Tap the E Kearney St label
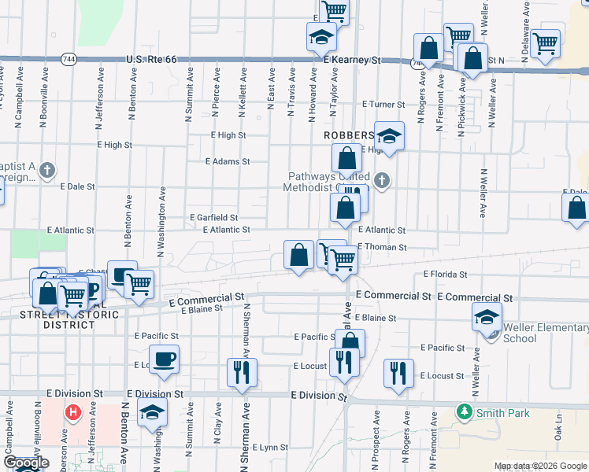(352, 59)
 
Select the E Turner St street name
(383, 104)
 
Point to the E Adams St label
(227, 161)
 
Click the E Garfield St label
(213, 217)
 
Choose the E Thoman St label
(382, 247)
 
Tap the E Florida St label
(445, 275)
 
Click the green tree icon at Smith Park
(465, 411)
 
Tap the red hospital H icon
(73, 411)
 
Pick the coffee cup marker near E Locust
(164, 360)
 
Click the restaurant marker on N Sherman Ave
(242, 372)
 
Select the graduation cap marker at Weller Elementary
(487, 316)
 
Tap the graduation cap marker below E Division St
(152, 412)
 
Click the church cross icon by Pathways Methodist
(382, 180)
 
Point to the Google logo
(26, 463)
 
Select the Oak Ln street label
(558, 431)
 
